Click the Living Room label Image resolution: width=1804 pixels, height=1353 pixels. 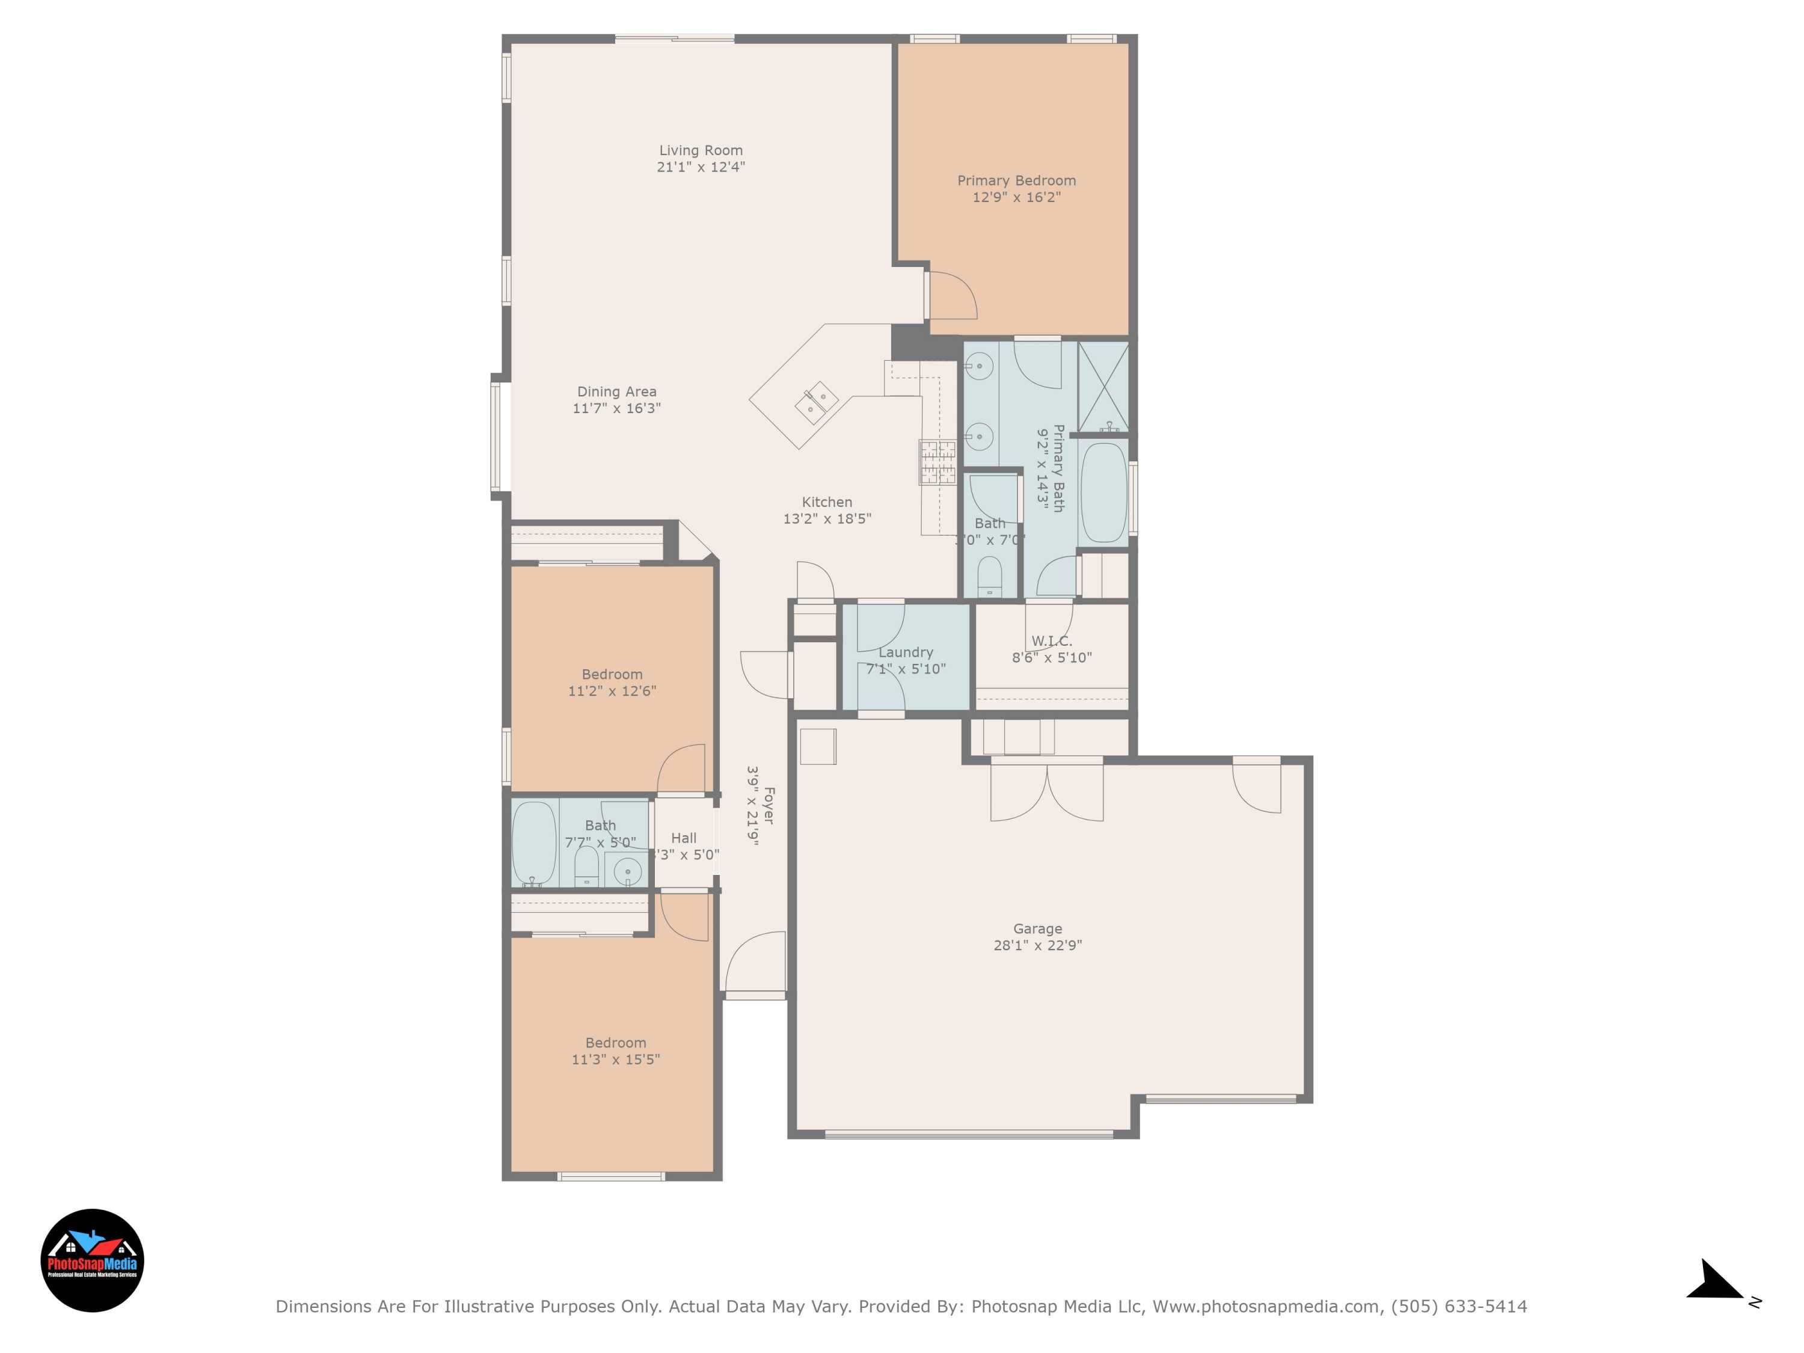(701, 150)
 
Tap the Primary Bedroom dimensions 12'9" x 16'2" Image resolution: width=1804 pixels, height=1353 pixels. (1016, 197)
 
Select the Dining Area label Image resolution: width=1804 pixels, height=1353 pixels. (616, 391)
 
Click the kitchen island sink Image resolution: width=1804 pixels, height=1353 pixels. (817, 402)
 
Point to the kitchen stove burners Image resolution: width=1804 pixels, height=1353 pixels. (937, 462)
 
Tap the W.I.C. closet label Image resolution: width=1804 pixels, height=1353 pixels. (1051, 641)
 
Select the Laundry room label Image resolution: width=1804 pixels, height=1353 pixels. (905, 652)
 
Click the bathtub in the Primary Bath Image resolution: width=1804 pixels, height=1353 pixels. (1103, 492)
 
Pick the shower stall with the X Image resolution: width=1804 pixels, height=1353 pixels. (1103, 387)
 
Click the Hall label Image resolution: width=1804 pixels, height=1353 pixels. (684, 838)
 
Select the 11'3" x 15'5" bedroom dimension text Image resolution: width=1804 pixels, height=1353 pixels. (616, 1060)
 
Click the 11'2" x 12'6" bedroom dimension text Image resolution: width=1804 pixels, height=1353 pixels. (612, 691)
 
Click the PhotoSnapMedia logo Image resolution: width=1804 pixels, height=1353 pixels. (92, 1260)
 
